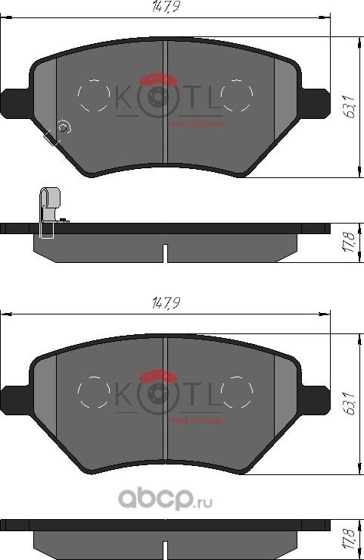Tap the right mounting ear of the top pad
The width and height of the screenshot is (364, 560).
coord(316,99)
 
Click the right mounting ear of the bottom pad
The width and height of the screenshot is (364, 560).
coord(316,395)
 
